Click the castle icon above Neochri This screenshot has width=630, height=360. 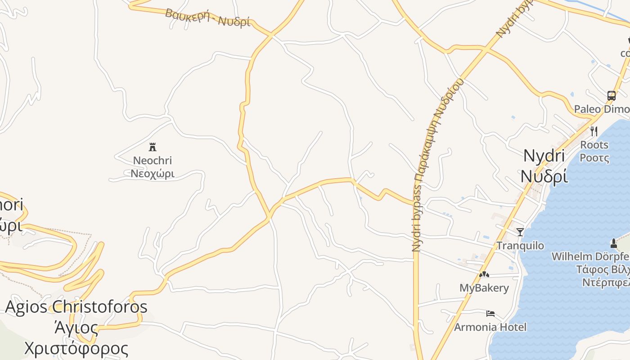coord(153,147)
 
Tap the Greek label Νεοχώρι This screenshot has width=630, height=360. coord(153,173)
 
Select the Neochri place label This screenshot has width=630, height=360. coord(153,161)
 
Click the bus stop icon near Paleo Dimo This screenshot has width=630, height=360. coord(611,95)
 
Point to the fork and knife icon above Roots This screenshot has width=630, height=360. coord(594,131)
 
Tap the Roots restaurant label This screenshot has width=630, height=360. coord(594,145)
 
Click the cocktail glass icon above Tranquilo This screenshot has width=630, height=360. coord(520,232)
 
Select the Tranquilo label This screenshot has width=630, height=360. coord(520,246)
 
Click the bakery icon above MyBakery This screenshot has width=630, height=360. coord(484,274)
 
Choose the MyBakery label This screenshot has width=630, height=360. coord(484,288)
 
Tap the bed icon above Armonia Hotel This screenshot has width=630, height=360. coord(490,313)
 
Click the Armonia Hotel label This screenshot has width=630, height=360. coord(490,327)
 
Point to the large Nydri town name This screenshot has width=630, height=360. coord(544,156)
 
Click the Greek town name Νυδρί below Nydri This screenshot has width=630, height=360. coord(544,176)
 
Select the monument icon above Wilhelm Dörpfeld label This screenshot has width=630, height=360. coord(613,243)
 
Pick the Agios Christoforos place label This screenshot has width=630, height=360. coord(76,307)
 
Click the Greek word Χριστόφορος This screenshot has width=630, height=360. coord(76,348)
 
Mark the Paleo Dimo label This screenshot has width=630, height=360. coord(601,109)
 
